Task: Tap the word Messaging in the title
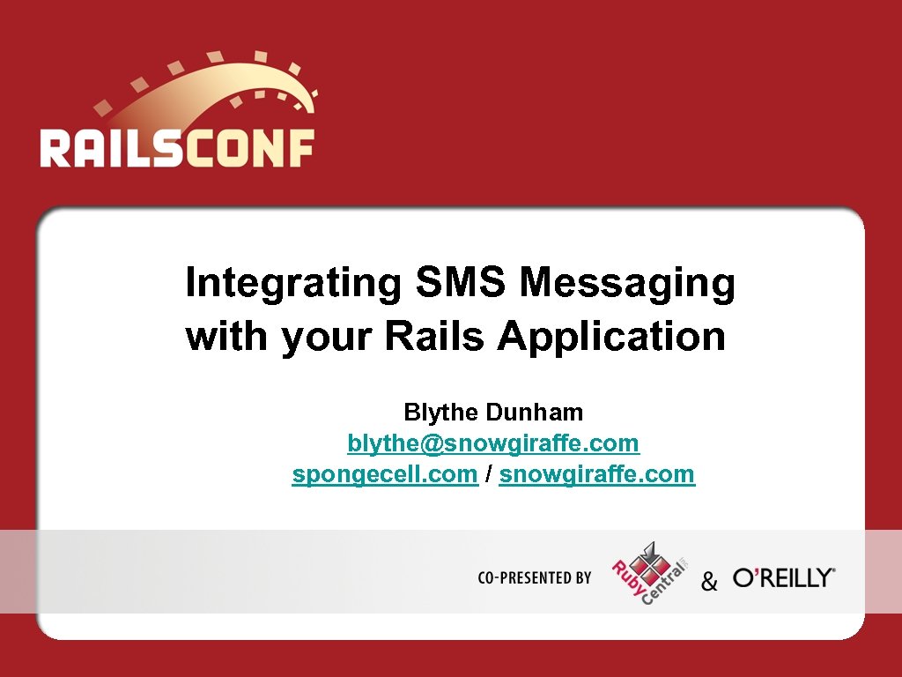pos(627,285)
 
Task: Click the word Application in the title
pos(611,338)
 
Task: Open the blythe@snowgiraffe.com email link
pos(493,443)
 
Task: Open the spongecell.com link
pos(385,474)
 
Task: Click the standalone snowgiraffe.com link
pos(596,474)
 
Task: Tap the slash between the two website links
pos(488,474)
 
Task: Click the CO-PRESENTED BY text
pos(534,578)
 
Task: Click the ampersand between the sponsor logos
pos(709,582)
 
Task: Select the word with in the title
pos(229,337)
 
